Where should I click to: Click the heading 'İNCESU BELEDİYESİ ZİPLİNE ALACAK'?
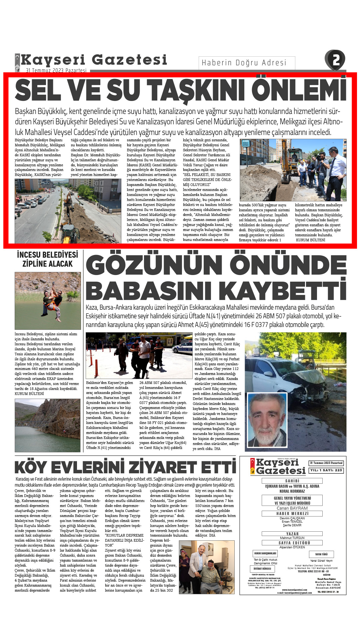tap(48, 259)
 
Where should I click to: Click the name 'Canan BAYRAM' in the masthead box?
tap(292, 508)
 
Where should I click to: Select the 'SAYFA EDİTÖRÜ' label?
tap(292, 543)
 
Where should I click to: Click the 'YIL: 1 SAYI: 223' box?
tap(326, 470)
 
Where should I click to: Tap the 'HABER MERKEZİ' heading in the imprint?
tap(292, 514)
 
